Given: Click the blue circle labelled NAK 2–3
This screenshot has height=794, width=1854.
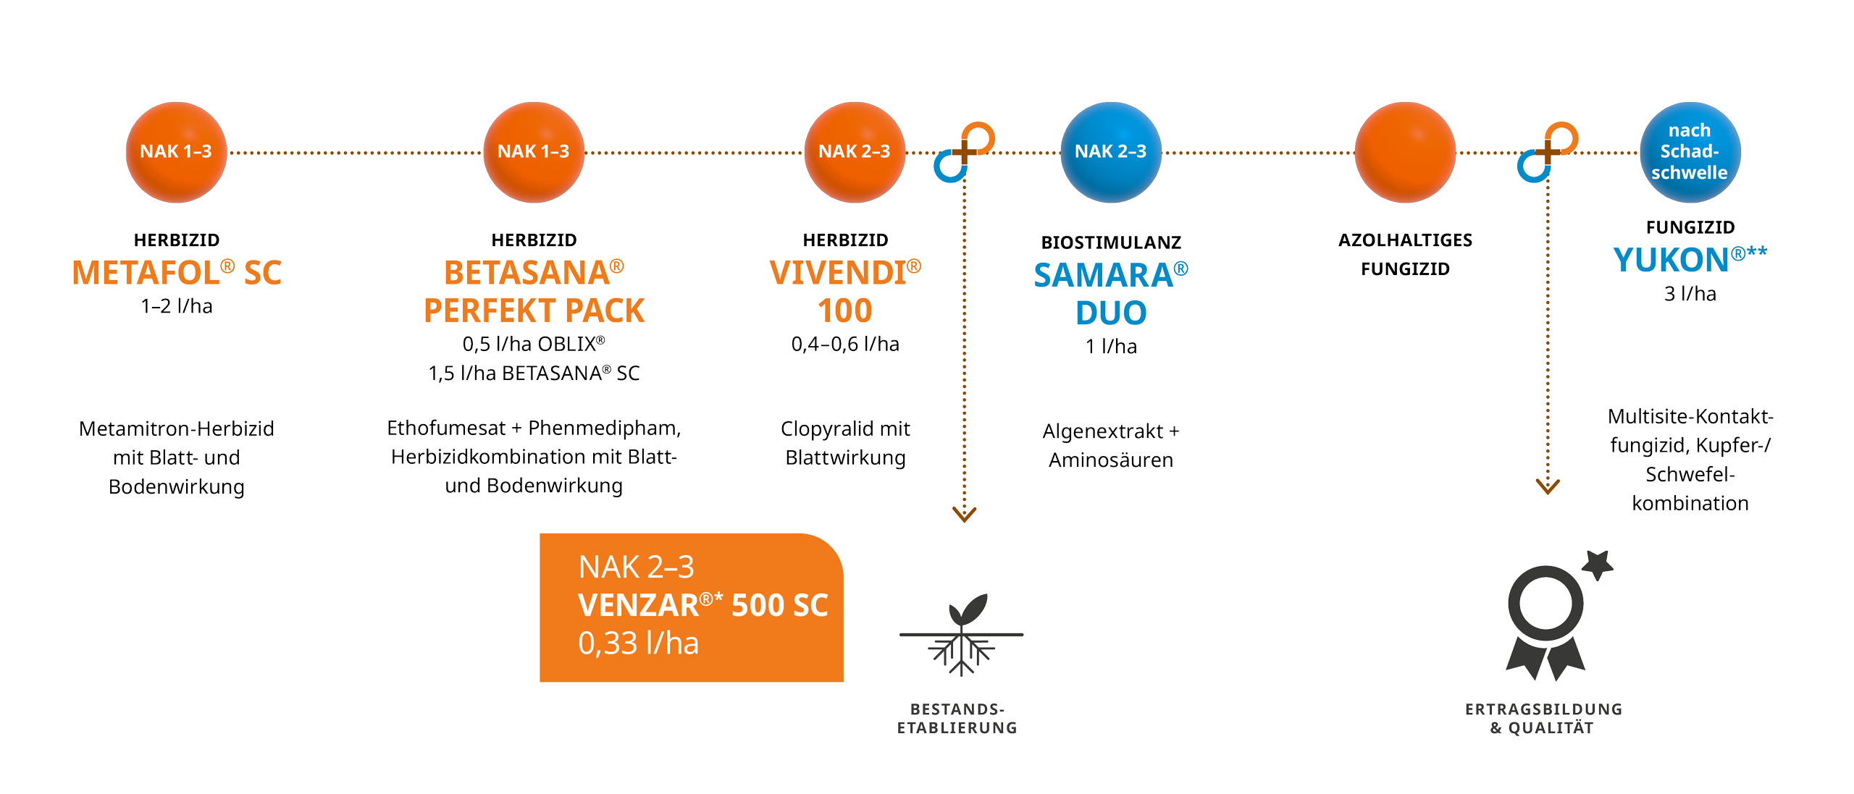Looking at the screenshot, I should [1110, 152].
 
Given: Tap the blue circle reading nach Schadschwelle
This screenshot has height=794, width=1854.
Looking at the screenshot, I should [1690, 152].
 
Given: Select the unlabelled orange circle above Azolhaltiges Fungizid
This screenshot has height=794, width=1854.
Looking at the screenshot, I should [1405, 152].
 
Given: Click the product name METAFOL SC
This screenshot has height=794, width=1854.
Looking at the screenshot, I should [176, 273].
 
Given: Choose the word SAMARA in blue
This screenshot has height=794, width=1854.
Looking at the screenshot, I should [1103, 275].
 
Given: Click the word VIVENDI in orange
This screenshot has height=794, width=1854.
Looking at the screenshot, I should [837, 273].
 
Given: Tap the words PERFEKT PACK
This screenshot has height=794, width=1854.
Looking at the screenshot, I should [534, 311].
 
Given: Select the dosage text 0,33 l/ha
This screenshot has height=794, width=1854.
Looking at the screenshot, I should [638, 643].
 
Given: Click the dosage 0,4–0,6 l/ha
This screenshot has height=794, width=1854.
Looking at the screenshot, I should [845, 344].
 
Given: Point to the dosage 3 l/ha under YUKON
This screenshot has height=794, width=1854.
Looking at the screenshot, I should [1690, 294].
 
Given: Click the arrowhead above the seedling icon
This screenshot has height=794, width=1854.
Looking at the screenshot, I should [964, 515].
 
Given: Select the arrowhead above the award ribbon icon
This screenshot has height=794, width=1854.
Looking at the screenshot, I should [1548, 486].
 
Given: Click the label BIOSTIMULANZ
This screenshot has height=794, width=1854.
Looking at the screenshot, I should [1110, 242].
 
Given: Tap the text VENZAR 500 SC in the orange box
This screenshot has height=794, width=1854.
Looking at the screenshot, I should [702, 605].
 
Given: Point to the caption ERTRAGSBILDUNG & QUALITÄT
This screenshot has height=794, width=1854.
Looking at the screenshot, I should [1543, 718].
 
